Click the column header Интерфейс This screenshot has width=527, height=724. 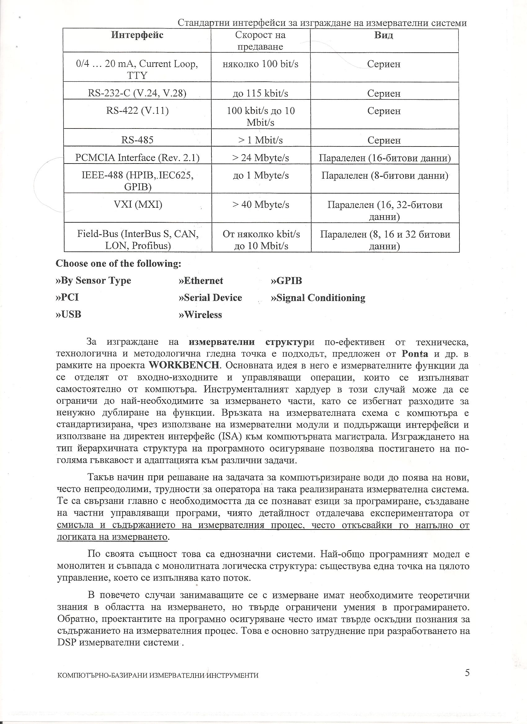coord(137,35)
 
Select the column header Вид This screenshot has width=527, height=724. coord(383,35)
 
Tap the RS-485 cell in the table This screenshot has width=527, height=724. coord(137,140)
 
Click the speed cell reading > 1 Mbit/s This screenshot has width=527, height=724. coord(260,140)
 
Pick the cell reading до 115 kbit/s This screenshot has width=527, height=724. coord(260,93)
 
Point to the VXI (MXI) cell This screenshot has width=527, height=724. coord(138,204)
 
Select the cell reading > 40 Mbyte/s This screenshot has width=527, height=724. coord(261,204)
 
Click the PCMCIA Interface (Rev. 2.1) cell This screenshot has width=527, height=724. coord(137,158)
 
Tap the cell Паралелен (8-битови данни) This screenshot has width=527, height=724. coord(385,176)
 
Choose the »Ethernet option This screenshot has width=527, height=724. coord(201,281)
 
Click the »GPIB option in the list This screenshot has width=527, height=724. coord(286,281)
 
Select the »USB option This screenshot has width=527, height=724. coord(69,314)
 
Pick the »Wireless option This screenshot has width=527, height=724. coord(200,315)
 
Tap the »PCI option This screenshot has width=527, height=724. coord(67,298)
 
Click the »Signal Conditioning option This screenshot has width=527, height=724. coord(318,298)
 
